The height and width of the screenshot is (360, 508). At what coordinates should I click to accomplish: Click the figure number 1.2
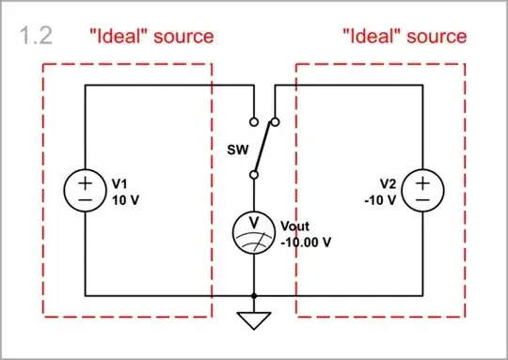(36, 37)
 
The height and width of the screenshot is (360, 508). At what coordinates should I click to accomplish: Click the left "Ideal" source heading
(151, 37)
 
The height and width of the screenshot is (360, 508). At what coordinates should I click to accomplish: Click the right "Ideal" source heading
(404, 37)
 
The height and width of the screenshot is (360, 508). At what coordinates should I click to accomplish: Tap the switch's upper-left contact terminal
(253, 122)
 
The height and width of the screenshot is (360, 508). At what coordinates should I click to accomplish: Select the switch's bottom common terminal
(253, 175)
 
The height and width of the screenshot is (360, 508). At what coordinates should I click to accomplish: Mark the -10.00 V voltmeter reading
(305, 242)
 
